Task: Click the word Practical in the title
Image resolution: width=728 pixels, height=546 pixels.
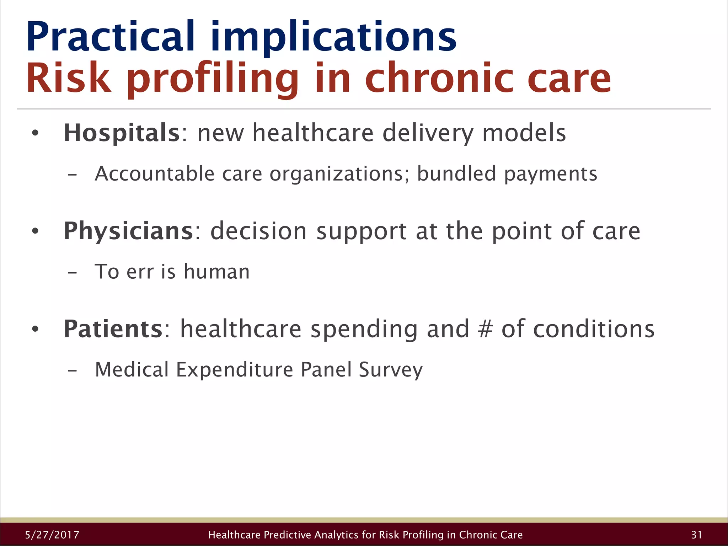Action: pos(110,37)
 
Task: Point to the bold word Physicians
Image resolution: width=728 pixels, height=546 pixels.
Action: pos(128,231)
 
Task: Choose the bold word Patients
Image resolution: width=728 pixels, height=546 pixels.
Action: pos(113,329)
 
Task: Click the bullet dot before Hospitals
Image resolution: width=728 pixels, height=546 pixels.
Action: pos(35,134)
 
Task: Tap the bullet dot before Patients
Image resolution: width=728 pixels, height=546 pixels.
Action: pos(35,329)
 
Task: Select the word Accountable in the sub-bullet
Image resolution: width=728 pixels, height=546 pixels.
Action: pos(154,174)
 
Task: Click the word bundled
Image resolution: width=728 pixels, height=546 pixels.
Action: pos(456,174)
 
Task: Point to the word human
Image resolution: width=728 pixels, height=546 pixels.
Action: pos(216,272)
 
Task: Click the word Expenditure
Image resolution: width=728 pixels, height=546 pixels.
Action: pos(235,370)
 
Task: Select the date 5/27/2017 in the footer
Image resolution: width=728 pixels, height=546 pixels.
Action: pos(52,535)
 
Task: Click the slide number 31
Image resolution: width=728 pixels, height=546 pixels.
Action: pos(696,535)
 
